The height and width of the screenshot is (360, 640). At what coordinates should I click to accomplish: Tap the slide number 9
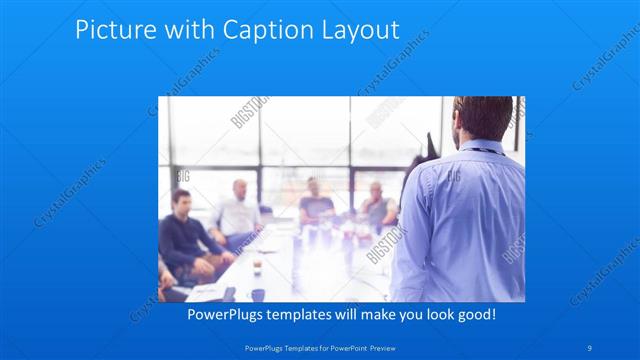(591, 348)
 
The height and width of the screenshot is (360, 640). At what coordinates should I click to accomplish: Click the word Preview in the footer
(375, 348)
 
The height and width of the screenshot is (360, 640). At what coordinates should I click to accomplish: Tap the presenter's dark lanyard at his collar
(487, 149)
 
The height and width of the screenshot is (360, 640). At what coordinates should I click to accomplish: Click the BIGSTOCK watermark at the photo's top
(247, 114)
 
